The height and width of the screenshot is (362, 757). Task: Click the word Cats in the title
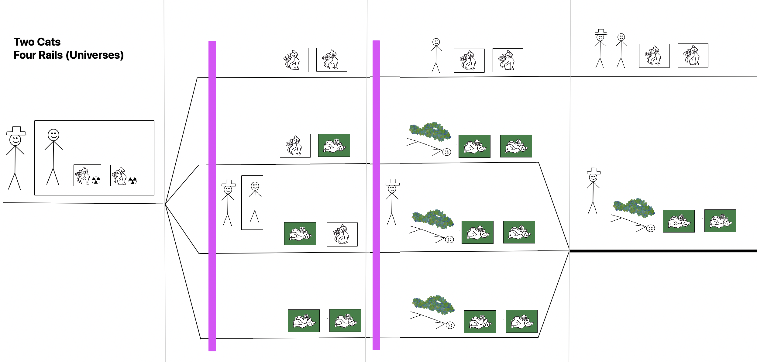tap(49, 42)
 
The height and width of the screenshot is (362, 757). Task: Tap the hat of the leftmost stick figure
tap(16, 131)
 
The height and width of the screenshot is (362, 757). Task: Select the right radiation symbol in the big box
tap(132, 181)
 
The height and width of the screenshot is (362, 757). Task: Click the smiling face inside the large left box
tap(53, 135)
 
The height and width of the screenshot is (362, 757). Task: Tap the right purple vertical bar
tap(376, 195)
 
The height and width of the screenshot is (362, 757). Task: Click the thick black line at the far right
tap(662, 251)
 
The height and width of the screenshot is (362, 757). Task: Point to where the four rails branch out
tap(165, 204)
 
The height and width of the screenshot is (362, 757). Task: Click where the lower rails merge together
tap(569, 251)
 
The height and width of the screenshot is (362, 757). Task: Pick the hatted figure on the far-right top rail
tap(600, 49)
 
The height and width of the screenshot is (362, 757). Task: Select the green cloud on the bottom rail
tap(433, 304)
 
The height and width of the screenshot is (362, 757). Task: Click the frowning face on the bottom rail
tap(450, 325)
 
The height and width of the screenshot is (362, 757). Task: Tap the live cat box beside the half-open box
tap(342, 234)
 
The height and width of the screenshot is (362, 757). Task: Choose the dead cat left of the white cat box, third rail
tap(300, 233)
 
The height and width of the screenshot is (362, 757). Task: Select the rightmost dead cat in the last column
tap(720, 221)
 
